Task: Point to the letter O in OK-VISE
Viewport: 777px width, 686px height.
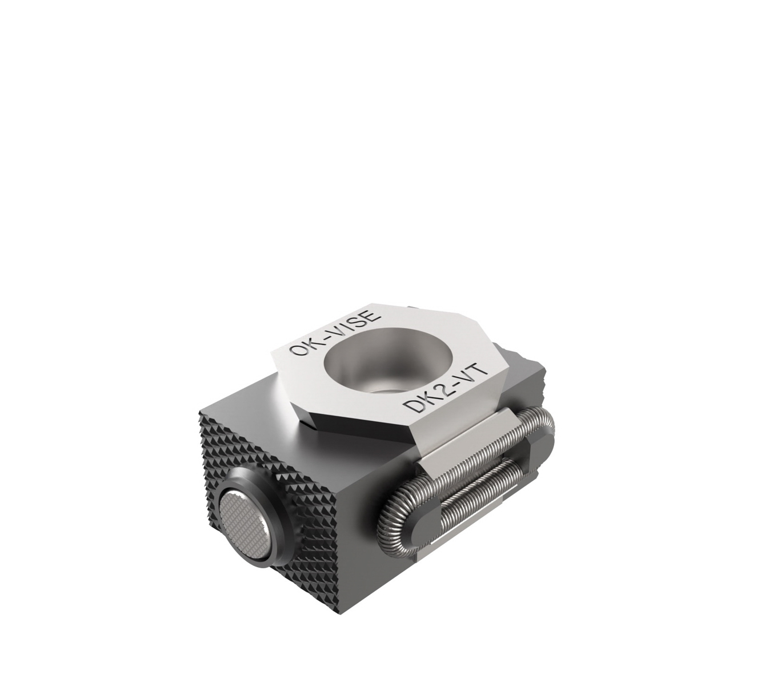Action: pyautogui.click(x=298, y=349)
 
